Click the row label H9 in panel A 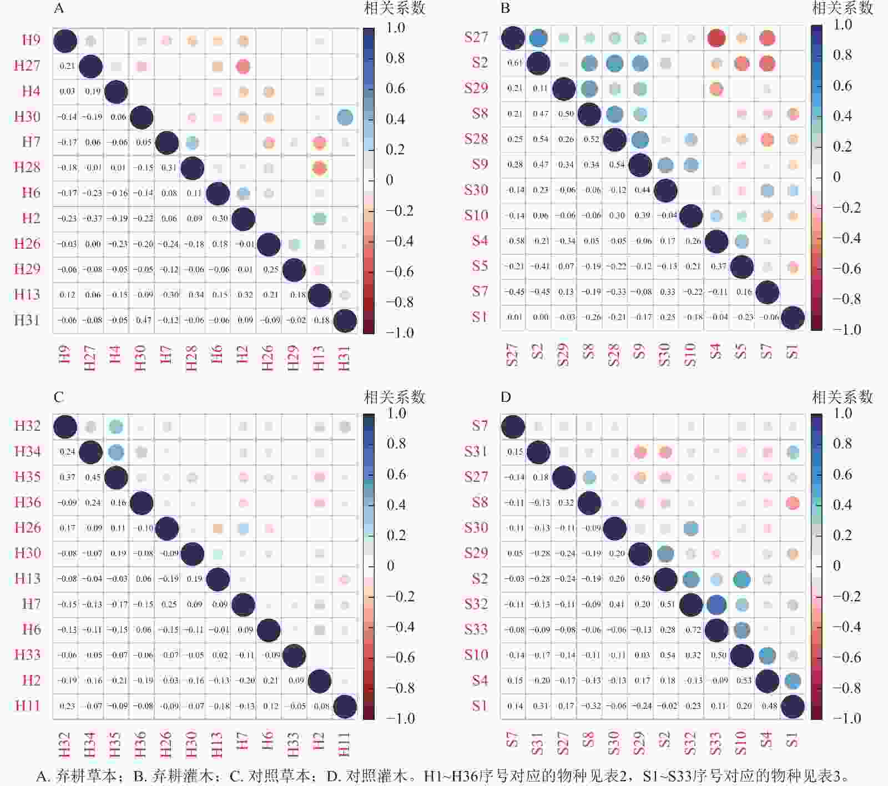[31, 40]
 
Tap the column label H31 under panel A [344, 358]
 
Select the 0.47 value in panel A [144, 320]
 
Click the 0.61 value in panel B [514, 63]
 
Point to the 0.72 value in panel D [693, 630]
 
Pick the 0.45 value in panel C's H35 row [92, 477]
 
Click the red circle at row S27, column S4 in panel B [717, 38]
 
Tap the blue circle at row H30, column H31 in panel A [345, 117]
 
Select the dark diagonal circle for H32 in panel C [65, 427]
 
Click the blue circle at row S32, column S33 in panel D [717, 604]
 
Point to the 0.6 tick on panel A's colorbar [395, 88]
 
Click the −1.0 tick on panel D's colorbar [846, 718]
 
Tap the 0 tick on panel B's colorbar [837, 177]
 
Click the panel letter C [59, 397]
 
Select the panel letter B [506, 8]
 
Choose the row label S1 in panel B [480, 317]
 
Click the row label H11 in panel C [27, 706]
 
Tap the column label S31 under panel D [537, 743]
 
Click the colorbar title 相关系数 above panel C [394, 397]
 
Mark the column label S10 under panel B [690, 355]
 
